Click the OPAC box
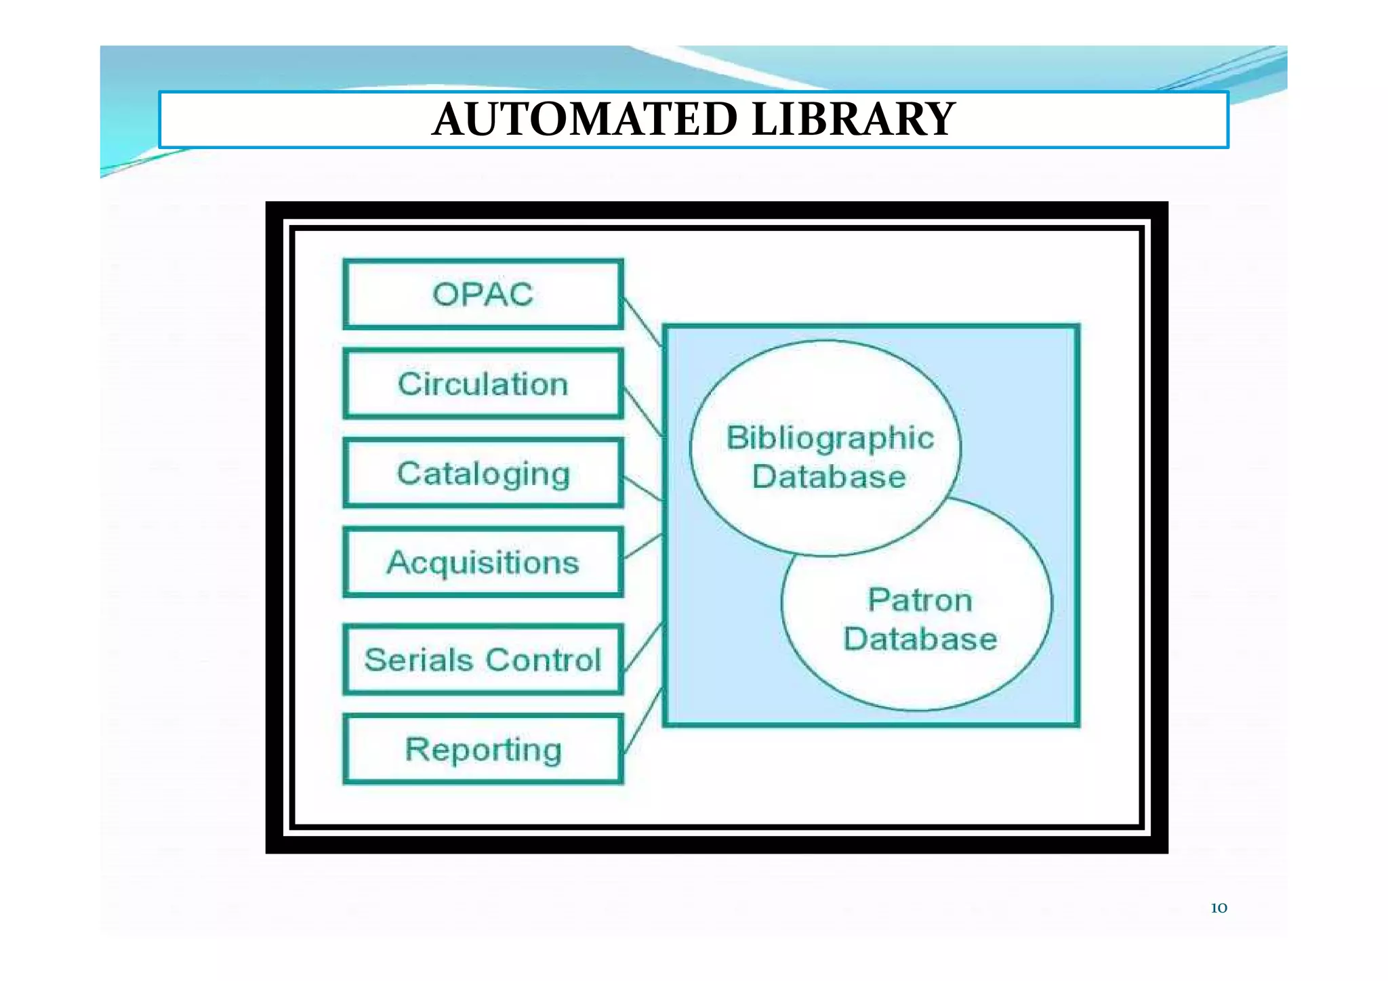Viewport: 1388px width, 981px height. coord(483,295)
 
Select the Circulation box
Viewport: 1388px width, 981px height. coord(483,384)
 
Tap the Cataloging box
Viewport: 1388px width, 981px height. coord(483,473)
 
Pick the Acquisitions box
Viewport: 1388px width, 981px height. coord(483,562)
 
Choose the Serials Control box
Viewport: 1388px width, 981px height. coord(483,659)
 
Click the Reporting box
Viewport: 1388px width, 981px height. coord(483,749)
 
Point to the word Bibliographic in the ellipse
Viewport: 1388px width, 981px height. coord(830,438)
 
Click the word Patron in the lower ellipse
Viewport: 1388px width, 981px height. coord(920,600)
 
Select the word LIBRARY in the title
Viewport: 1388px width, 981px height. coord(853,119)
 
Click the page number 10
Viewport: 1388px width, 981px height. coord(1219,909)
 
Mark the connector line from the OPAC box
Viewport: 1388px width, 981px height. coord(642,322)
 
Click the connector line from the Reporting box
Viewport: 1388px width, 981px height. coord(642,720)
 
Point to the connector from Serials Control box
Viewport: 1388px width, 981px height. coord(642,646)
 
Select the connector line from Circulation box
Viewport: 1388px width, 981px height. coord(642,411)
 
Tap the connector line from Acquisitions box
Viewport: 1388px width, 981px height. coord(642,546)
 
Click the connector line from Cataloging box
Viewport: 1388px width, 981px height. coord(642,488)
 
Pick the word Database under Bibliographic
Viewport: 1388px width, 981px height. coord(829,477)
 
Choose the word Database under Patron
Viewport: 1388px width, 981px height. coord(920,640)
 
